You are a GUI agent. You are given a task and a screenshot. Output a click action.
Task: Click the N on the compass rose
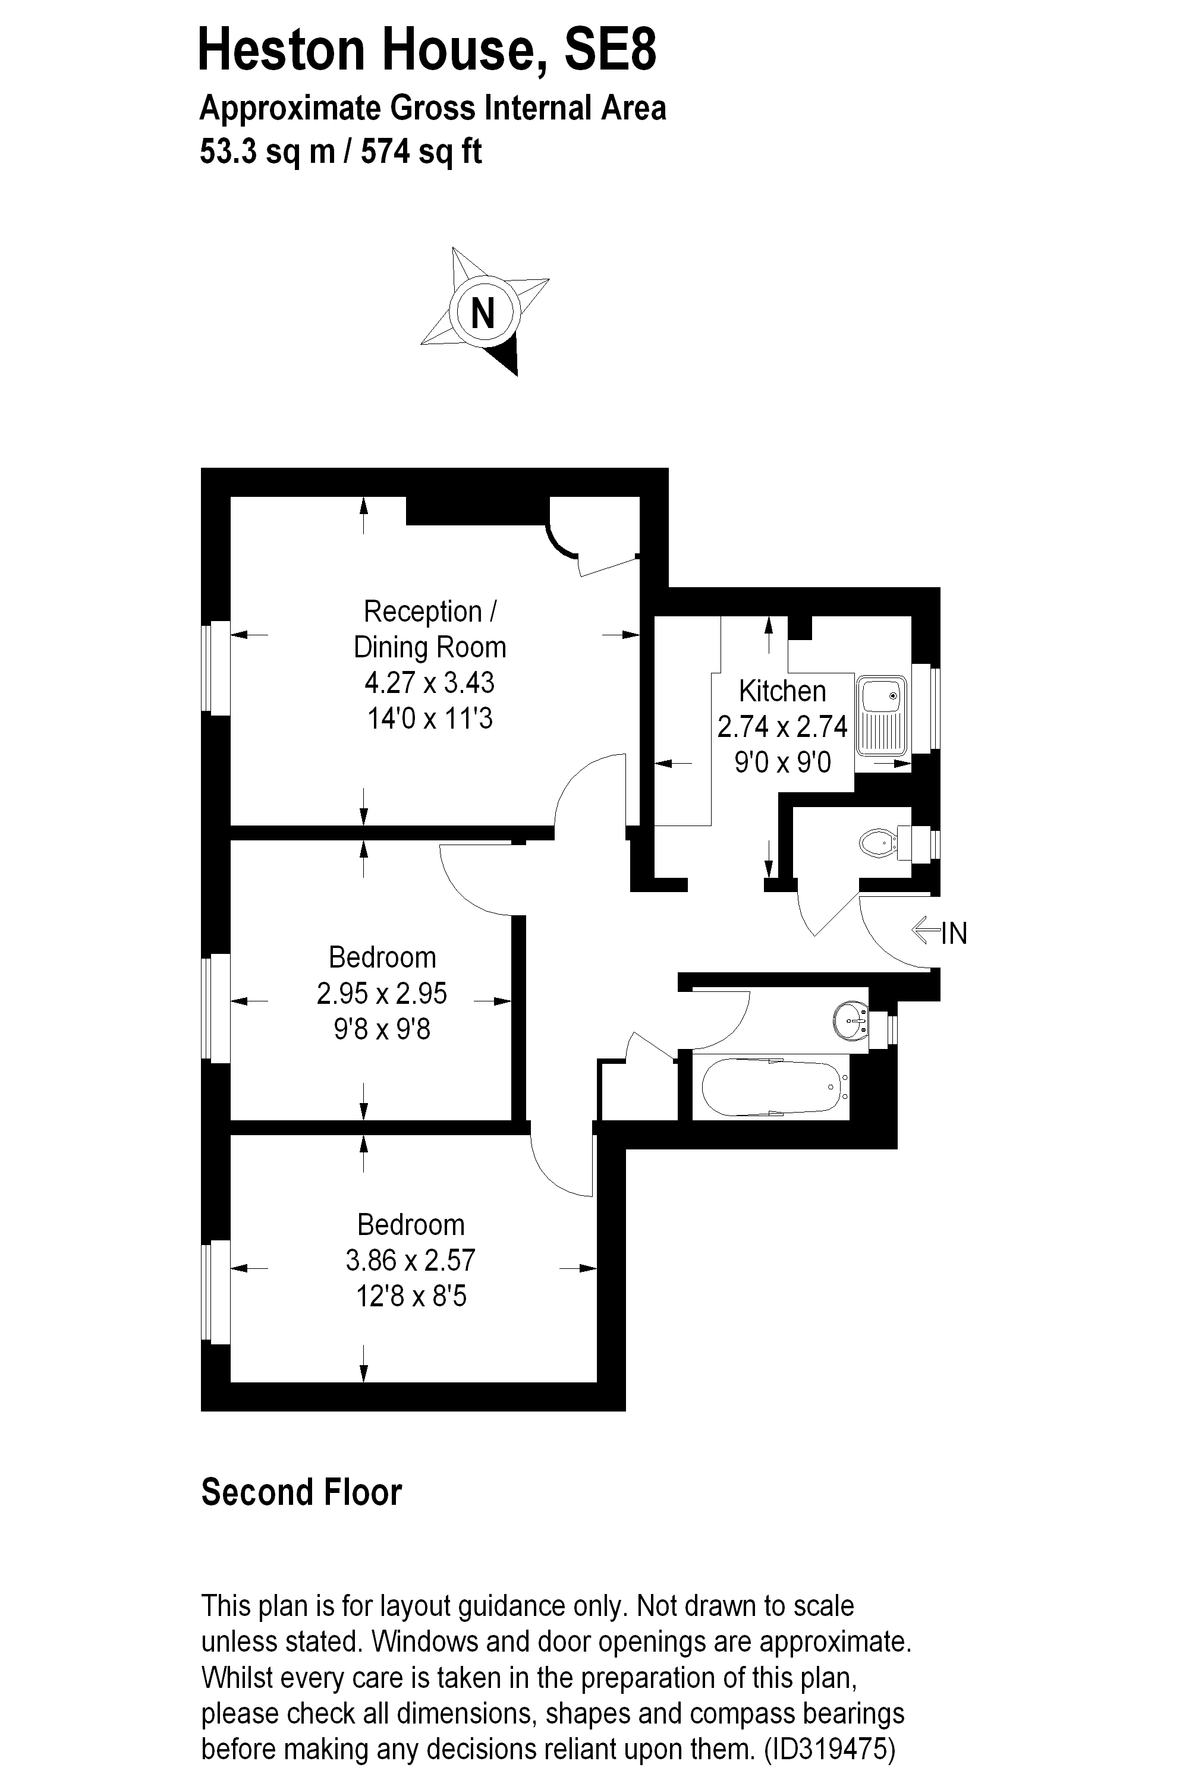483,311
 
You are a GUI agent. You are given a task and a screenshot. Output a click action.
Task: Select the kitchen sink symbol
882,716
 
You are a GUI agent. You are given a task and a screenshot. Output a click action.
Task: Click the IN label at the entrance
954,932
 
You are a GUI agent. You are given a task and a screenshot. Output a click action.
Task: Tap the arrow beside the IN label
925,930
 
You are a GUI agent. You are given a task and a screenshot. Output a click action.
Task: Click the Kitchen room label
782,691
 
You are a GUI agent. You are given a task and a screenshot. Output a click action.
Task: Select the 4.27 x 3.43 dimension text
429,682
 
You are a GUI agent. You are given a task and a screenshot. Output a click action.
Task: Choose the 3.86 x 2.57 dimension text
410,1260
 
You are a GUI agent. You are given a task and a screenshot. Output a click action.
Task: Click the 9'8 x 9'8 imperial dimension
382,1029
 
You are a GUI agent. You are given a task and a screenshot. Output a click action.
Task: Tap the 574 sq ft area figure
421,152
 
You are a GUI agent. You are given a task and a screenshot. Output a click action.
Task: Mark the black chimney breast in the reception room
477,510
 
